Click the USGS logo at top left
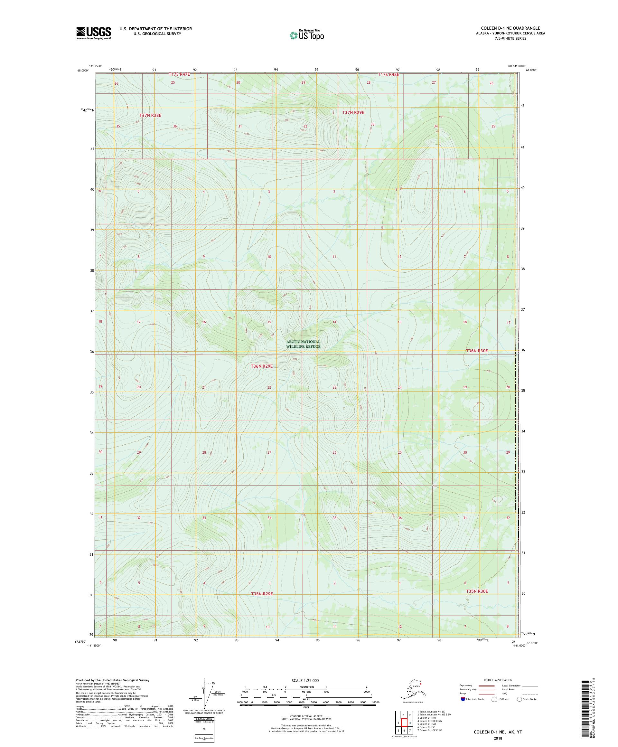pos(93,33)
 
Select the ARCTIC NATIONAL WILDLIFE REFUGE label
pos(303,344)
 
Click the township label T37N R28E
pos(150,115)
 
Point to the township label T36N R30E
pos(477,351)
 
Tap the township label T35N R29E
pos(262,594)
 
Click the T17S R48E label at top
pos(388,75)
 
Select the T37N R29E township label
pos(353,112)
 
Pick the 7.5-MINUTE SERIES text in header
pos(510,38)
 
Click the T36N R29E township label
pos(262,366)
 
